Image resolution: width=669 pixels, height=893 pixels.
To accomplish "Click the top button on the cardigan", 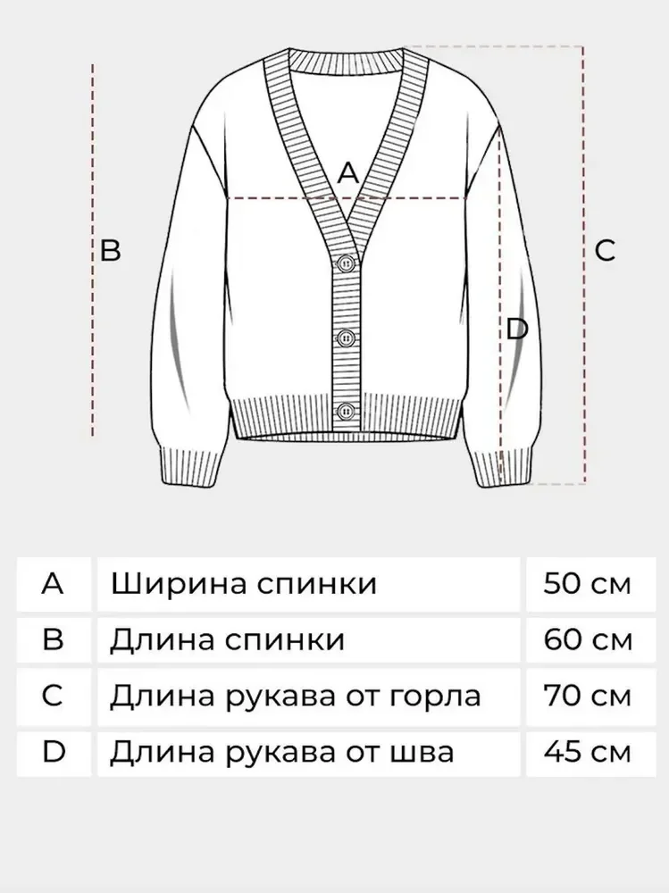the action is pyautogui.click(x=347, y=263).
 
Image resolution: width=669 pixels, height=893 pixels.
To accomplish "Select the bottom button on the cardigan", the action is pyautogui.click(x=346, y=411).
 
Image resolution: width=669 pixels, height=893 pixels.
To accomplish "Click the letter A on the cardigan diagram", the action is pyautogui.click(x=348, y=172).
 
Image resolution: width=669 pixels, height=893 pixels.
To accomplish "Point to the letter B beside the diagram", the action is pyautogui.click(x=111, y=249).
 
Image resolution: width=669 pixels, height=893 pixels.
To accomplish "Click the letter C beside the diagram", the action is pyautogui.click(x=605, y=250).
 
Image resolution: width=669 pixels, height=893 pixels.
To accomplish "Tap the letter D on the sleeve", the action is pyautogui.click(x=517, y=330).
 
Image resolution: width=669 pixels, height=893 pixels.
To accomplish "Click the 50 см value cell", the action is pyautogui.click(x=588, y=584).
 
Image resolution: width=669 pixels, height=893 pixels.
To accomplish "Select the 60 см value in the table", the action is pyautogui.click(x=588, y=639).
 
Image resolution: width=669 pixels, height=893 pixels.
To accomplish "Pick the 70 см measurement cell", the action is pyautogui.click(x=588, y=696).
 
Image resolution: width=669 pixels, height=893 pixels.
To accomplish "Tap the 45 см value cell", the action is pyautogui.click(x=588, y=753).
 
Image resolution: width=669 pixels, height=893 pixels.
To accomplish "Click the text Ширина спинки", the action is pyautogui.click(x=244, y=584).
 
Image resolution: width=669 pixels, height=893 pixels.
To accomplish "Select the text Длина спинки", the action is pyautogui.click(x=228, y=640).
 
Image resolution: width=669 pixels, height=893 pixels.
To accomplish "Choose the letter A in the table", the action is pyautogui.click(x=53, y=584).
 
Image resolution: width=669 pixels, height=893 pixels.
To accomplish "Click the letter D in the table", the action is pyautogui.click(x=54, y=752).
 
